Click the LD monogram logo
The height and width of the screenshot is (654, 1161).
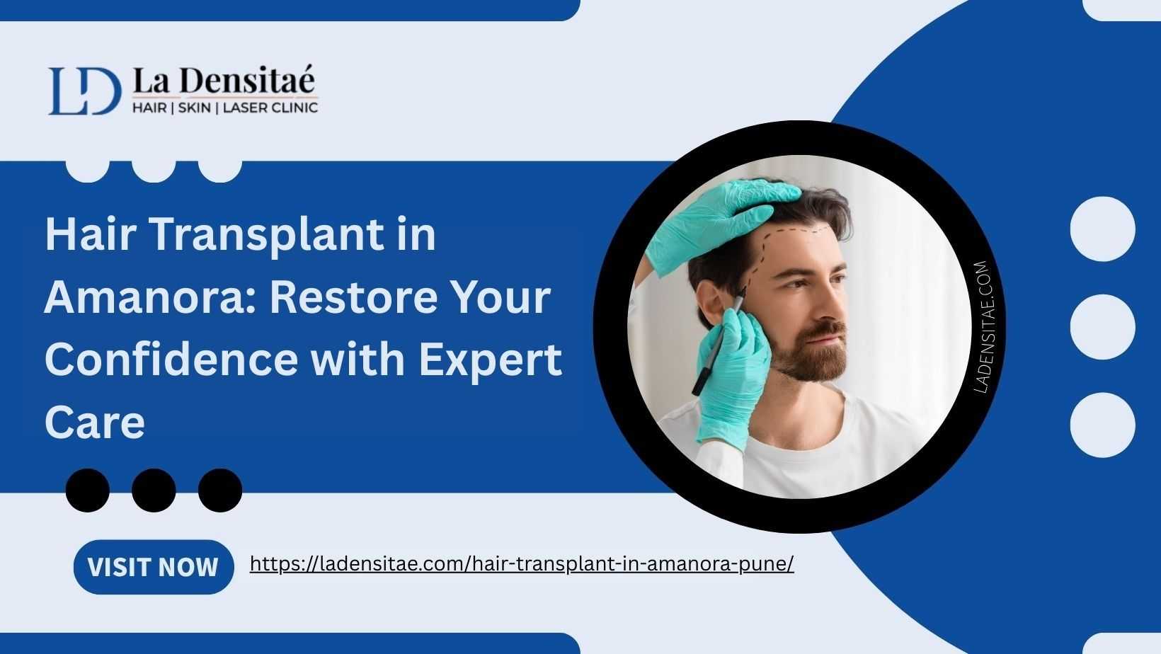click(x=85, y=91)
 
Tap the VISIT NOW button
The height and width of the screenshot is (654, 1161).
click(x=154, y=567)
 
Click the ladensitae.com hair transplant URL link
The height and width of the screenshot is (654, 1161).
click(x=522, y=563)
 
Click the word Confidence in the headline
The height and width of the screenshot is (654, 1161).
click(x=171, y=359)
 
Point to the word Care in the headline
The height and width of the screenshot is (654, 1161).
click(x=95, y=423)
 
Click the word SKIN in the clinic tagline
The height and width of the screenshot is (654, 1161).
click(x=195, y=108)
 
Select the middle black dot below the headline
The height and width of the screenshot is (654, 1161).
click(x=154, y=490)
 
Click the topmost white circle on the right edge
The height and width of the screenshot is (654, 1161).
click(x=1102, y=229)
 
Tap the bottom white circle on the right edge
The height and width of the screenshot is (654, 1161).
click(x=1102, y=425)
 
